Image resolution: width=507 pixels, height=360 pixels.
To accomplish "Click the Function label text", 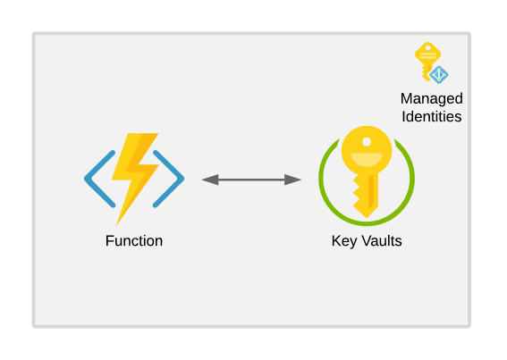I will tap(134, 240).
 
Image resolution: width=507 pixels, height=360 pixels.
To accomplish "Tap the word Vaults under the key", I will tap(379, 240).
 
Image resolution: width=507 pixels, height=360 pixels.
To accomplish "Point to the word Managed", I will tap(431, 98).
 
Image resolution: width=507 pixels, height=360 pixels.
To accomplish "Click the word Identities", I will tap(431, 116).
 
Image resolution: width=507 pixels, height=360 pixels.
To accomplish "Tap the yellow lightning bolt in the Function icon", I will tap(136, 175).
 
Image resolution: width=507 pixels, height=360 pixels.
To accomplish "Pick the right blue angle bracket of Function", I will tap(171, 179).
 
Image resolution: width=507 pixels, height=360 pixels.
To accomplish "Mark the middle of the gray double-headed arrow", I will tap(251, 180).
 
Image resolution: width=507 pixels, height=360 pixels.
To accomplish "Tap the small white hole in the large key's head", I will tap(367, 140).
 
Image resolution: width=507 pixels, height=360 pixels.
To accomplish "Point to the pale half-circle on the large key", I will tap(367, 161).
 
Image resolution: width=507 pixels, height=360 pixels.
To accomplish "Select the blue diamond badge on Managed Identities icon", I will tap(439, 75).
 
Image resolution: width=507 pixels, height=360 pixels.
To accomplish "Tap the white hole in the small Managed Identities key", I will tap(427, 47).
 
